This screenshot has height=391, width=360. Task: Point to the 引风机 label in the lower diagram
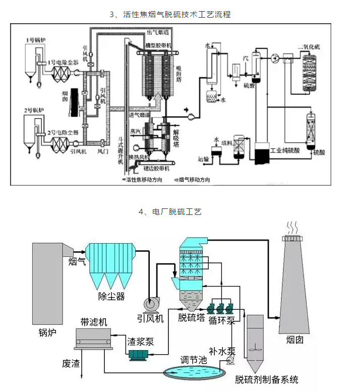click(x=151, y=318)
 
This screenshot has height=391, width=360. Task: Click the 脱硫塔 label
click(x=192, y=317)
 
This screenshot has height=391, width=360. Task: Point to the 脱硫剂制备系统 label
click(x=267, y=379)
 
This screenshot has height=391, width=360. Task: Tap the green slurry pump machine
click(x=138, y=355)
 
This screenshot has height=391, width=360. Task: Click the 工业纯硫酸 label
click(x=288, y=150)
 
